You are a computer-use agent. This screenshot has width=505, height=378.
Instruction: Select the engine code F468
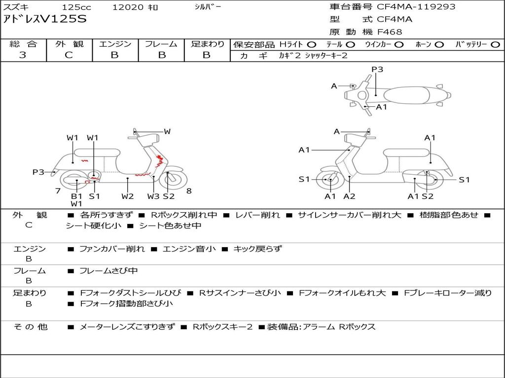point(390,32)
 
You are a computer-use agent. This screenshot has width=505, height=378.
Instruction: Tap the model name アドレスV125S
point(45,20)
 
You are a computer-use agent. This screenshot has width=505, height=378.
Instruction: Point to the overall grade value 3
point(23,55)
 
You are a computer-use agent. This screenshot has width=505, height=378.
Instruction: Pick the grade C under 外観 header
point(69,55)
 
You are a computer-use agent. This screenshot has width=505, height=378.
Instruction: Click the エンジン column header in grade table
point(115,44)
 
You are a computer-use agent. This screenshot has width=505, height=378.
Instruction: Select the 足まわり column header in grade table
point(207,44)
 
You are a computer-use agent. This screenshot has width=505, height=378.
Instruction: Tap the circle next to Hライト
point(312,44)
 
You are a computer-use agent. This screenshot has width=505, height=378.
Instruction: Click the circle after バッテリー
point(496,44)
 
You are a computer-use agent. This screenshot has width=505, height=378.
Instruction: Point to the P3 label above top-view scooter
point(377,69)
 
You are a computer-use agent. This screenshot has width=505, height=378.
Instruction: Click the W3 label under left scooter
point(153,196)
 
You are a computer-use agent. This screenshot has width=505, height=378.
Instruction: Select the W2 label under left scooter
point(128,196)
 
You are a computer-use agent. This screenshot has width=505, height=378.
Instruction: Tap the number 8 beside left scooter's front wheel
point(189,191)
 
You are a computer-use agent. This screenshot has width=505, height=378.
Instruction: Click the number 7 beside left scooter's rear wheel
point(58,191)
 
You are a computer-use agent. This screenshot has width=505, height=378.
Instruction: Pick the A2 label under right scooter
point(349,196)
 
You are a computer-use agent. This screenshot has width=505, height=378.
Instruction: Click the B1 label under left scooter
point(76,196)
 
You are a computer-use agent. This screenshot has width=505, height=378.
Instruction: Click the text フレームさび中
point(108,271)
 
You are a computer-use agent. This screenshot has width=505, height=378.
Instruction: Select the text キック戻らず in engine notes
point(257,249)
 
